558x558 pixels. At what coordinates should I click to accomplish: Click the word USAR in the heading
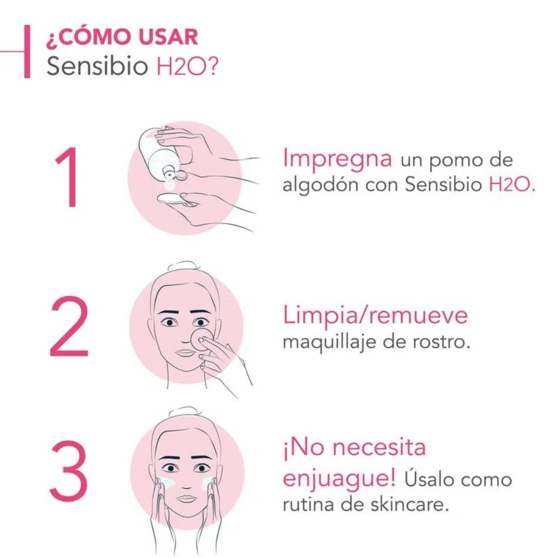pos(168,37)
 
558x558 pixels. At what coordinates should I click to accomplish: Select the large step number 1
pos(68,177)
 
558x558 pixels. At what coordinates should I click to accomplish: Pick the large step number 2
pos(69,326)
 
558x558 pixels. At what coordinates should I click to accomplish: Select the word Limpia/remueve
pos(375,316)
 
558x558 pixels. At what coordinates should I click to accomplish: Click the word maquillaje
pos(329,343)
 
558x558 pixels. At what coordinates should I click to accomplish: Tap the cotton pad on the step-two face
pos(200,339)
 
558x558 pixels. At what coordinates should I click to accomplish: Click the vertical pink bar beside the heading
pos(27,51)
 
